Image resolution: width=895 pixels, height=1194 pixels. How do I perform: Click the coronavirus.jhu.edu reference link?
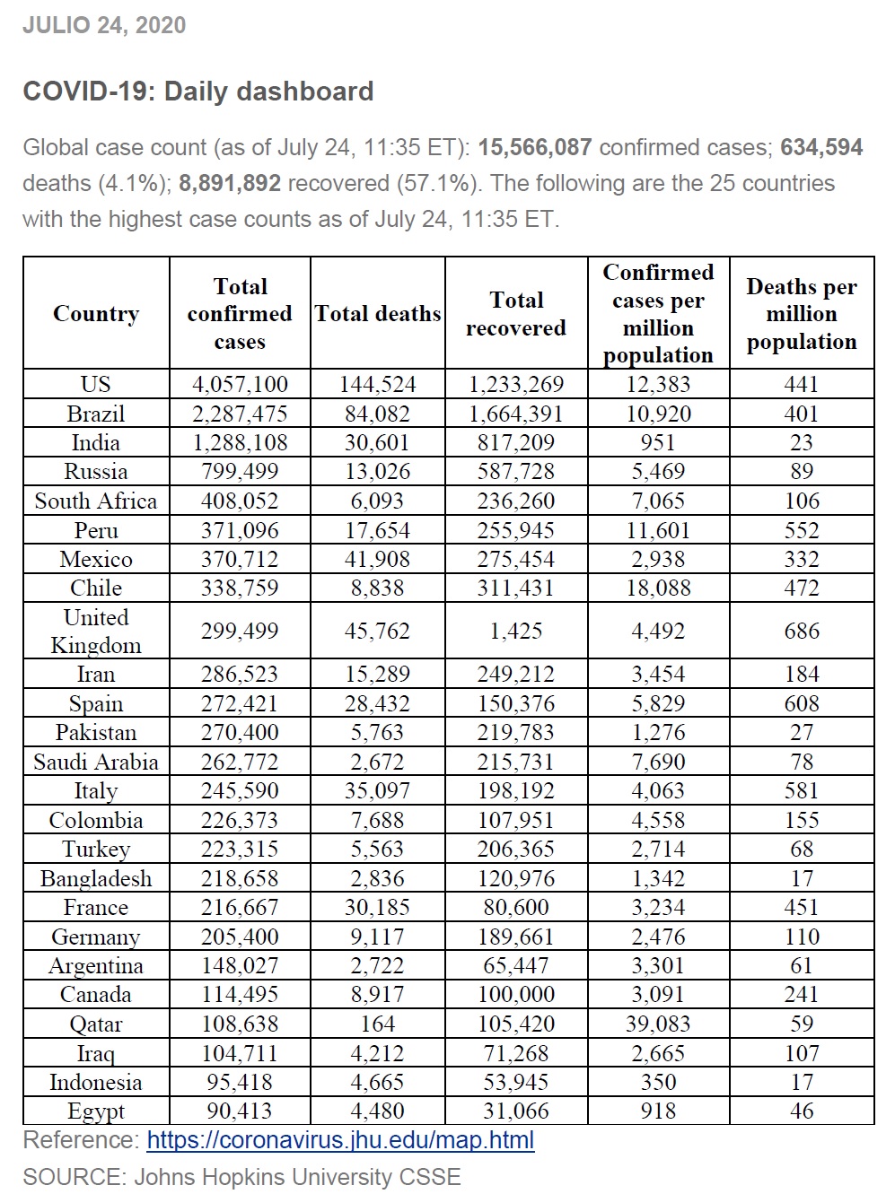(x=340, y=1140)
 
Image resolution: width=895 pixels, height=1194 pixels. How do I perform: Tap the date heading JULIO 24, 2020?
(x=104, y=25)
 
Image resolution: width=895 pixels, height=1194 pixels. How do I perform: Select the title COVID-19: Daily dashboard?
(x=197, y=92)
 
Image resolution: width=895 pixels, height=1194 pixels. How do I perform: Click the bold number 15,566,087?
(x=534, y=147)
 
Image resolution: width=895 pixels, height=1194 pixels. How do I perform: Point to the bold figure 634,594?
(x=821, y=147)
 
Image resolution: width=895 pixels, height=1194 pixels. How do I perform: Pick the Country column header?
(x=96, y=313)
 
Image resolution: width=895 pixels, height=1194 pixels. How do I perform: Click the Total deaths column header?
(x=378, y=313)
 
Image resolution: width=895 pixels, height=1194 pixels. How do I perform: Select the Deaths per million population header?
(x=802, y=313)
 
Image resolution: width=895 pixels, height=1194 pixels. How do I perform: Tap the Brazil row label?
(x=96, y=414)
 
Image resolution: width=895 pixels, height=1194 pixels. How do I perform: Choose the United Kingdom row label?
(x=96, y=631)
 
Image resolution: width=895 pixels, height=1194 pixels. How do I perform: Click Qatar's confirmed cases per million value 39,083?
(x=658, y=1024)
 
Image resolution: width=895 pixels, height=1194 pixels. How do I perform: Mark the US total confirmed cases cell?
(x=240, y=384)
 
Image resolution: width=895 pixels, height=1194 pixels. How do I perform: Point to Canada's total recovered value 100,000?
(x=516, y=994)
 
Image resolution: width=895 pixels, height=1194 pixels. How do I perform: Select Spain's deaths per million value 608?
(x=802, y=703)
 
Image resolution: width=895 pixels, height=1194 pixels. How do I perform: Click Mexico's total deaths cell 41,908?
(x=378, y=559)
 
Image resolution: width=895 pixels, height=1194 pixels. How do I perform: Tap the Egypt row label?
(x=96, y=1111)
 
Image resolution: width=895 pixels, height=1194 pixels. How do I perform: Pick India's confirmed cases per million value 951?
(x=658, y=442)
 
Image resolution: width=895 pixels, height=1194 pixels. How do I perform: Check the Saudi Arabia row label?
(x=96, y=762)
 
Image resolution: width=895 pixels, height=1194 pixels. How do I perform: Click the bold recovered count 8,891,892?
(x=230, y=183)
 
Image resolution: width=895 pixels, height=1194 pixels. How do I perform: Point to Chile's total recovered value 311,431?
(x=516, y=588)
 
